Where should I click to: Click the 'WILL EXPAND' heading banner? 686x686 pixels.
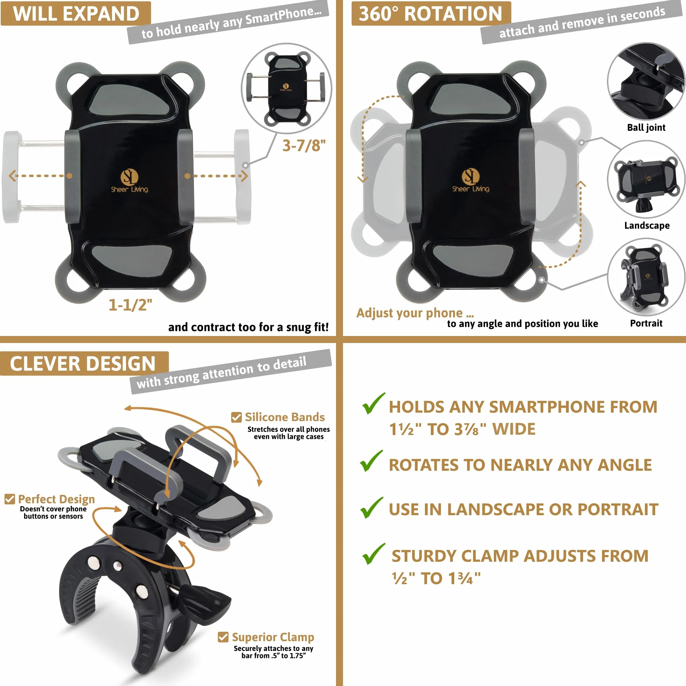point(76,14)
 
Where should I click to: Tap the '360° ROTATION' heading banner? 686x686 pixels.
point(431,14)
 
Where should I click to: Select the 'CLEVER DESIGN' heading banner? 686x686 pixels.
point(84,364)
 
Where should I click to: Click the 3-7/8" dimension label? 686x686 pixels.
point(304,146)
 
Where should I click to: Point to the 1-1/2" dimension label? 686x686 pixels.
point(130,305)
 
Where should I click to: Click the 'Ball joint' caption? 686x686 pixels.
point(646,127)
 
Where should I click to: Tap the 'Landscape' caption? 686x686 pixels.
point(647,225)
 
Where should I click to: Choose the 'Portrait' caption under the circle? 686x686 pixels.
point(646,323)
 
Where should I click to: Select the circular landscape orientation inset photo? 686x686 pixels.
point(646,179)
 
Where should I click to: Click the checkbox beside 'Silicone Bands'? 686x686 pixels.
point(237,417)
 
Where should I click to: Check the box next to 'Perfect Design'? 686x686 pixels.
point(9,499)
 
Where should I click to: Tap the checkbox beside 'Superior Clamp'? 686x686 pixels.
point(223,637)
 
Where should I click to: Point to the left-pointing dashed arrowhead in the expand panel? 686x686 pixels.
point(13,176)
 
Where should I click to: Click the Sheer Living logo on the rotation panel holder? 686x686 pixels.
point(470,181)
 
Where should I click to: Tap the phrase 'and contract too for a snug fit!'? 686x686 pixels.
point(248,327)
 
